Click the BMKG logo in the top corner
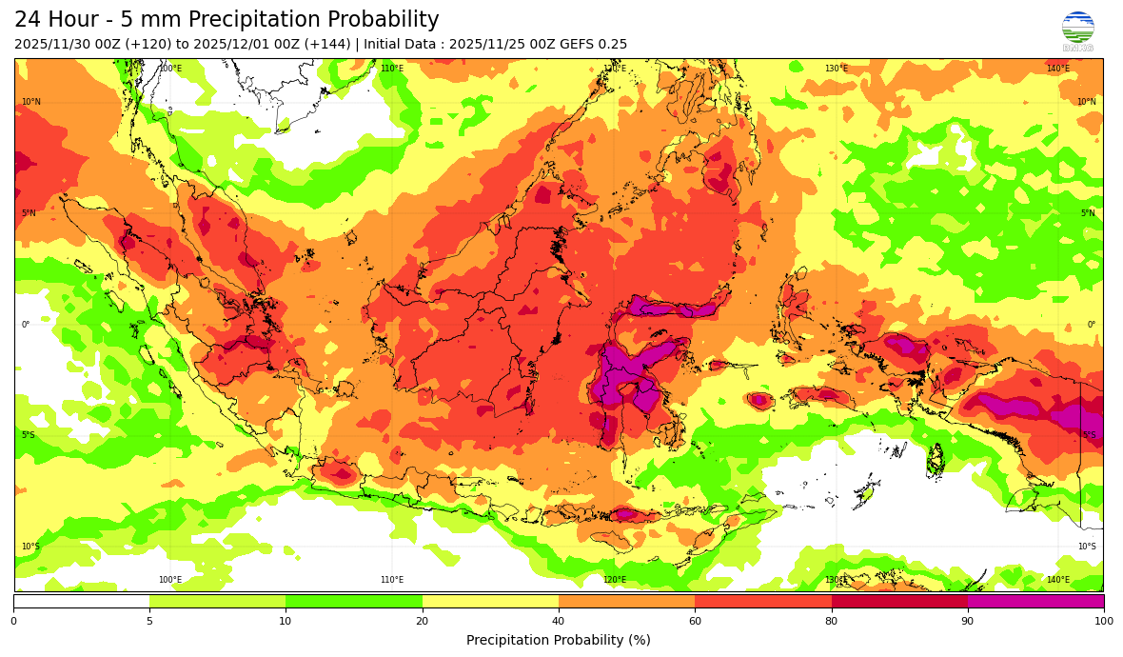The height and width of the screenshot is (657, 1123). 1077,30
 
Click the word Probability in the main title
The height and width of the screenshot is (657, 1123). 384,20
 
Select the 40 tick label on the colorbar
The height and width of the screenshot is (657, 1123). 559,622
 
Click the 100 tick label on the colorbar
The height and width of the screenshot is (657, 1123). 1103,622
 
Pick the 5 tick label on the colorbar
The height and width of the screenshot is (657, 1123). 149,622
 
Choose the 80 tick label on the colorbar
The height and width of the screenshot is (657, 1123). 831,622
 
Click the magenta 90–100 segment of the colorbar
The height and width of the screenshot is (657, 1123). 1035,601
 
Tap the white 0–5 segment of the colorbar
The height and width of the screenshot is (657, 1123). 82,601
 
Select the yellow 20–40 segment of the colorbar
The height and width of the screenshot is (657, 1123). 490,601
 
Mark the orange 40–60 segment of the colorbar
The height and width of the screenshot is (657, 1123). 626,601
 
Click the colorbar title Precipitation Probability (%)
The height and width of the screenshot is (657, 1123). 559,640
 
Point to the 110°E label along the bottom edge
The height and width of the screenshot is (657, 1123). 392,580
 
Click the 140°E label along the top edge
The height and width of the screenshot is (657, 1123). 1057,69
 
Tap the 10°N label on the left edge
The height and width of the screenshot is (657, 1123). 31,102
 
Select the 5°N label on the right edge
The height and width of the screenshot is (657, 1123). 1087,213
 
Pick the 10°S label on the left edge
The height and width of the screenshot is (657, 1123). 31,547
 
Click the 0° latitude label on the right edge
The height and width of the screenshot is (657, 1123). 1092,325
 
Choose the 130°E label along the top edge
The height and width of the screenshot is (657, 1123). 836,69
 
